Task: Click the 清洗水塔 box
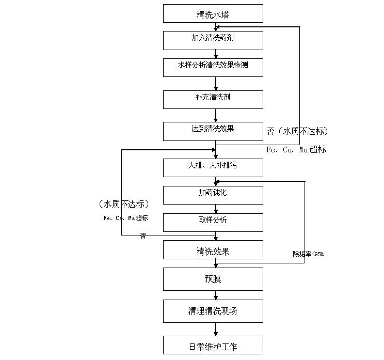[213, 14]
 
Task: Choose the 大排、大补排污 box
[213, 167]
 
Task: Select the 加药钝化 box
[213, 194]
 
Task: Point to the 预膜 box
[213, 279]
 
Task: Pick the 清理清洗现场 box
[213, 311]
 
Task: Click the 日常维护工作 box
[213, 345]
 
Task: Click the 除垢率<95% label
[308, 254]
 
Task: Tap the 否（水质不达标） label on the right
[297, 131]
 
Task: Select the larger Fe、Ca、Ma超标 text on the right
[296, 150]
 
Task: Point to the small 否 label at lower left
[143, 236]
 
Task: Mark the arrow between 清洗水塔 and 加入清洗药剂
[216, 27]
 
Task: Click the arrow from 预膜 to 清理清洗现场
[216, 295]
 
